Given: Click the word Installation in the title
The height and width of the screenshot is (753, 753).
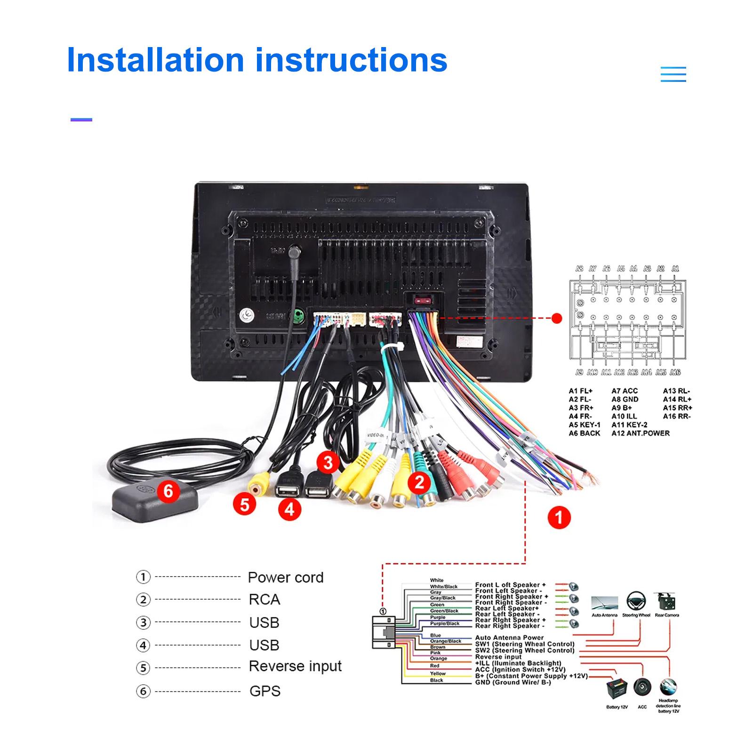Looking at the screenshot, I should [155, 60].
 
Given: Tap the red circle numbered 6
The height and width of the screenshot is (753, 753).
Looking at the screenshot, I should [168, 491].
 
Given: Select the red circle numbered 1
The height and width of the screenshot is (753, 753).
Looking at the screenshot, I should [559, 518].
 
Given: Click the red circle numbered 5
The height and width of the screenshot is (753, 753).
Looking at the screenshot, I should [244, 505].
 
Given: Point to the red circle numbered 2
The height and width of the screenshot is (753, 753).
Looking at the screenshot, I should [419, 482].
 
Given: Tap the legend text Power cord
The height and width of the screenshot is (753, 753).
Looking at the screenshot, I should [285, 577].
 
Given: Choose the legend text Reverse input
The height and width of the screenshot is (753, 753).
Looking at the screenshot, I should [295, 666].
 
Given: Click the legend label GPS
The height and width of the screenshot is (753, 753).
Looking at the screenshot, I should [264, 691].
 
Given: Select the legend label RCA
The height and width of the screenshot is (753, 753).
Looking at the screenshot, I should [264, 600].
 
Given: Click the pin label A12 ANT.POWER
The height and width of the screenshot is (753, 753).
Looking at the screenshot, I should [640, 433].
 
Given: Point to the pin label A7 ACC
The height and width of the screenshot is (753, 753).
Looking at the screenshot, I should [625, 391].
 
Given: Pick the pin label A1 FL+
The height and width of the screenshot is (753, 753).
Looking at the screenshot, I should [581, 391].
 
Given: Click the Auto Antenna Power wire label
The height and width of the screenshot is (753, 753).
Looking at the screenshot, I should [509, 638].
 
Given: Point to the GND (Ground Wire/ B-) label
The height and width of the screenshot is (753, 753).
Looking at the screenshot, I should [513, 682].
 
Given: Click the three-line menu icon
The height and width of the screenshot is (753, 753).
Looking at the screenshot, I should [673, 74].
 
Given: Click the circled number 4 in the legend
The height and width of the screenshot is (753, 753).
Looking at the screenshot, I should [143, 645].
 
